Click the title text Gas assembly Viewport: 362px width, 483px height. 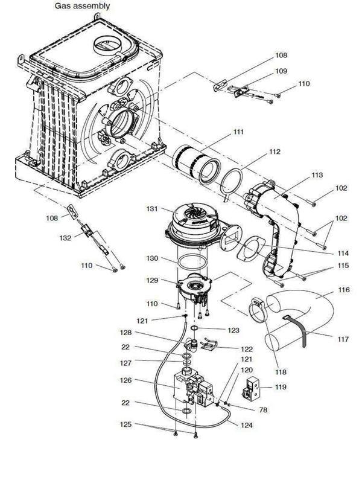click(83, 6)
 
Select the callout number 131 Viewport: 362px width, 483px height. click(151, 208)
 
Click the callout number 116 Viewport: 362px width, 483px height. click(343, 290)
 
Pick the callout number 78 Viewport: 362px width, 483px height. click(246, 410)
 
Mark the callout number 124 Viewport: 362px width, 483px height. click(246, 425)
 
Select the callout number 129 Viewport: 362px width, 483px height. click(152, 280)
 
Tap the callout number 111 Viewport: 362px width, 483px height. click(240, 132)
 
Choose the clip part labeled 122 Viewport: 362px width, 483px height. click(209, 346)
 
